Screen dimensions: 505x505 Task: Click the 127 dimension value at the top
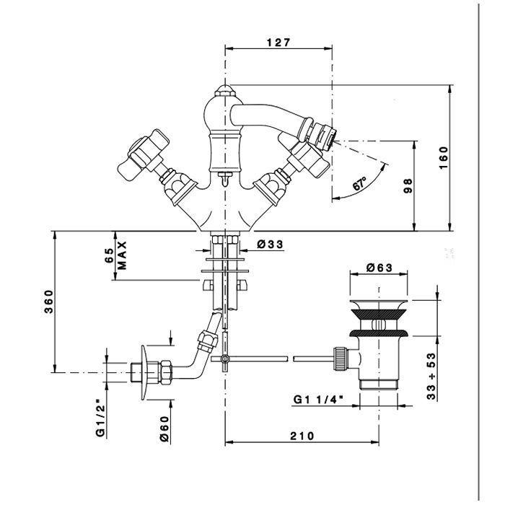click(278, 42)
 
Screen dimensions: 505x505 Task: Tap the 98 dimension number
click(408, 186)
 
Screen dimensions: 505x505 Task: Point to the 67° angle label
click(359, 183)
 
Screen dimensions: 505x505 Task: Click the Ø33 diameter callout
click(270, 245)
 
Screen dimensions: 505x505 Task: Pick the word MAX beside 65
click(122, 255)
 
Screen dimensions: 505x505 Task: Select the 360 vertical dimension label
click(48, 302)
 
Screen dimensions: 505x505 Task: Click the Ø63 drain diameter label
click(379, 268)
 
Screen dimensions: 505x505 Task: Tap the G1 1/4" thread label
click(317, 400)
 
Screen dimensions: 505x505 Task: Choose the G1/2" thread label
click(101, 418)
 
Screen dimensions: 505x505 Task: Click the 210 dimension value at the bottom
click(302, 436)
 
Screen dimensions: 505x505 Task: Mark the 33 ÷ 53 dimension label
click(431, 376)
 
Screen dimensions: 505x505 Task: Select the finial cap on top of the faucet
click(225, 90)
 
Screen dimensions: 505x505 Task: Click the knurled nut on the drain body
click(341, 358)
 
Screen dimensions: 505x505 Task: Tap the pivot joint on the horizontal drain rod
click(224, 358)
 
